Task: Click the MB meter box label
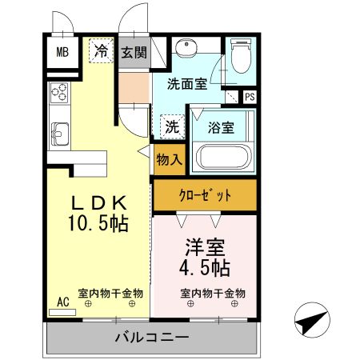(x=62, y=55)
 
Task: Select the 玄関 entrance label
(x=134, y=54)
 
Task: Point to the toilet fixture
(x=240, y=56)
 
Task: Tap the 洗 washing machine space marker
(x=171, y=126)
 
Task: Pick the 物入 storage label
(x=169, y=160)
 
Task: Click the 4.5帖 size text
(x=204, y=266)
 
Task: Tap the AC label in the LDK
(x=63, y=302)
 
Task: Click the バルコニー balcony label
(x=150, y=337)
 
